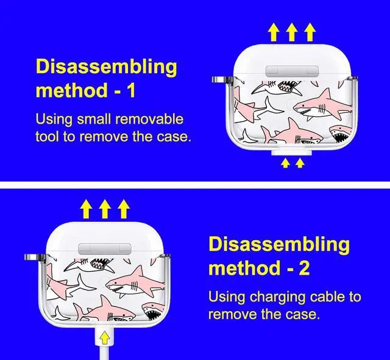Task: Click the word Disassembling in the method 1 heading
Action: point(106,67)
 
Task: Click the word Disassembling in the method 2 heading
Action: point(279,244)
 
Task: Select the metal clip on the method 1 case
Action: point(218,79)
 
